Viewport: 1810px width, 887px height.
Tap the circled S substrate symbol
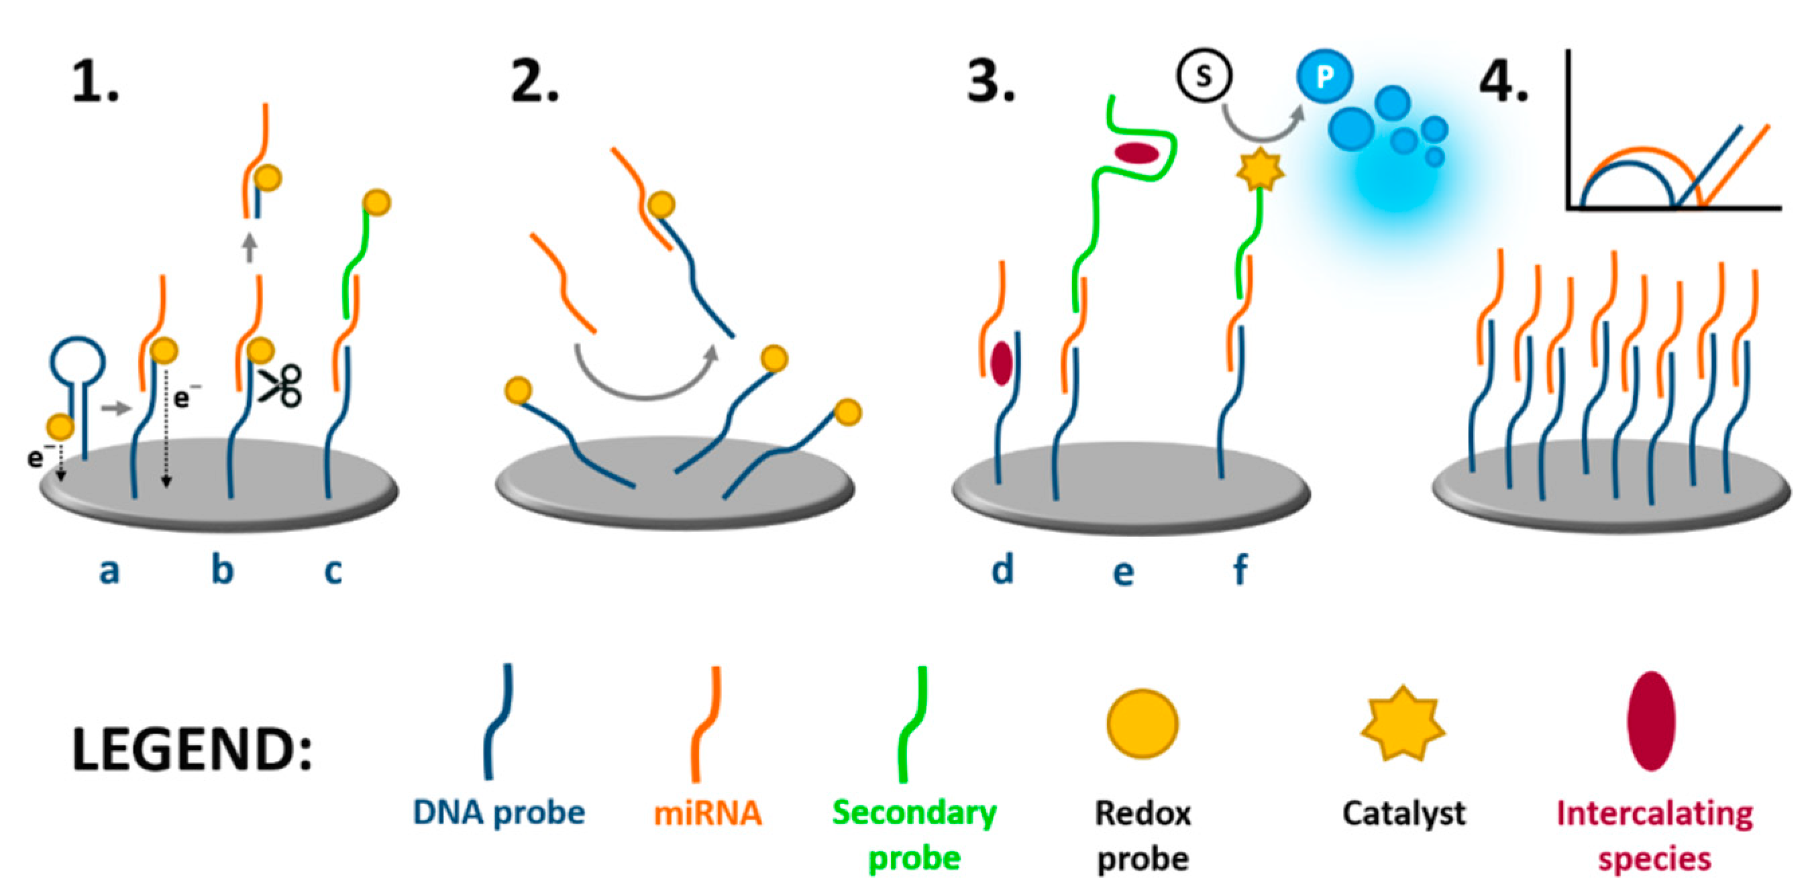(x=1204, y=76)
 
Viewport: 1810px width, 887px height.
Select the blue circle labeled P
(x=1324, y=76)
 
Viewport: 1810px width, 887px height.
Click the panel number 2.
(x=534, y=83)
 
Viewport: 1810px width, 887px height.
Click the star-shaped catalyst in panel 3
(x=1260, y=170)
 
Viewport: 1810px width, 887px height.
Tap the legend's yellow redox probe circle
(x=1142, y=723)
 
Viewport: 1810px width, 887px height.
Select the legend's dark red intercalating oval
(x=1651, y=721)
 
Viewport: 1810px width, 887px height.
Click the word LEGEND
(x=191, y=750)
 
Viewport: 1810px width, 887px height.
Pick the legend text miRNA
(x=708, y=813)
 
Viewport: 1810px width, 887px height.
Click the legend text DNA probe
(x=499, y=813)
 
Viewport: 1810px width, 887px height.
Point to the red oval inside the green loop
(x=1136, y=154)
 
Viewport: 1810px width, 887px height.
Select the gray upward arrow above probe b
(x=250, y=248)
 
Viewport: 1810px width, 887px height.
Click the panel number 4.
(x=1503, y=83)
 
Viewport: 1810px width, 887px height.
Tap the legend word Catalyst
(x=1404, y=813)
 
